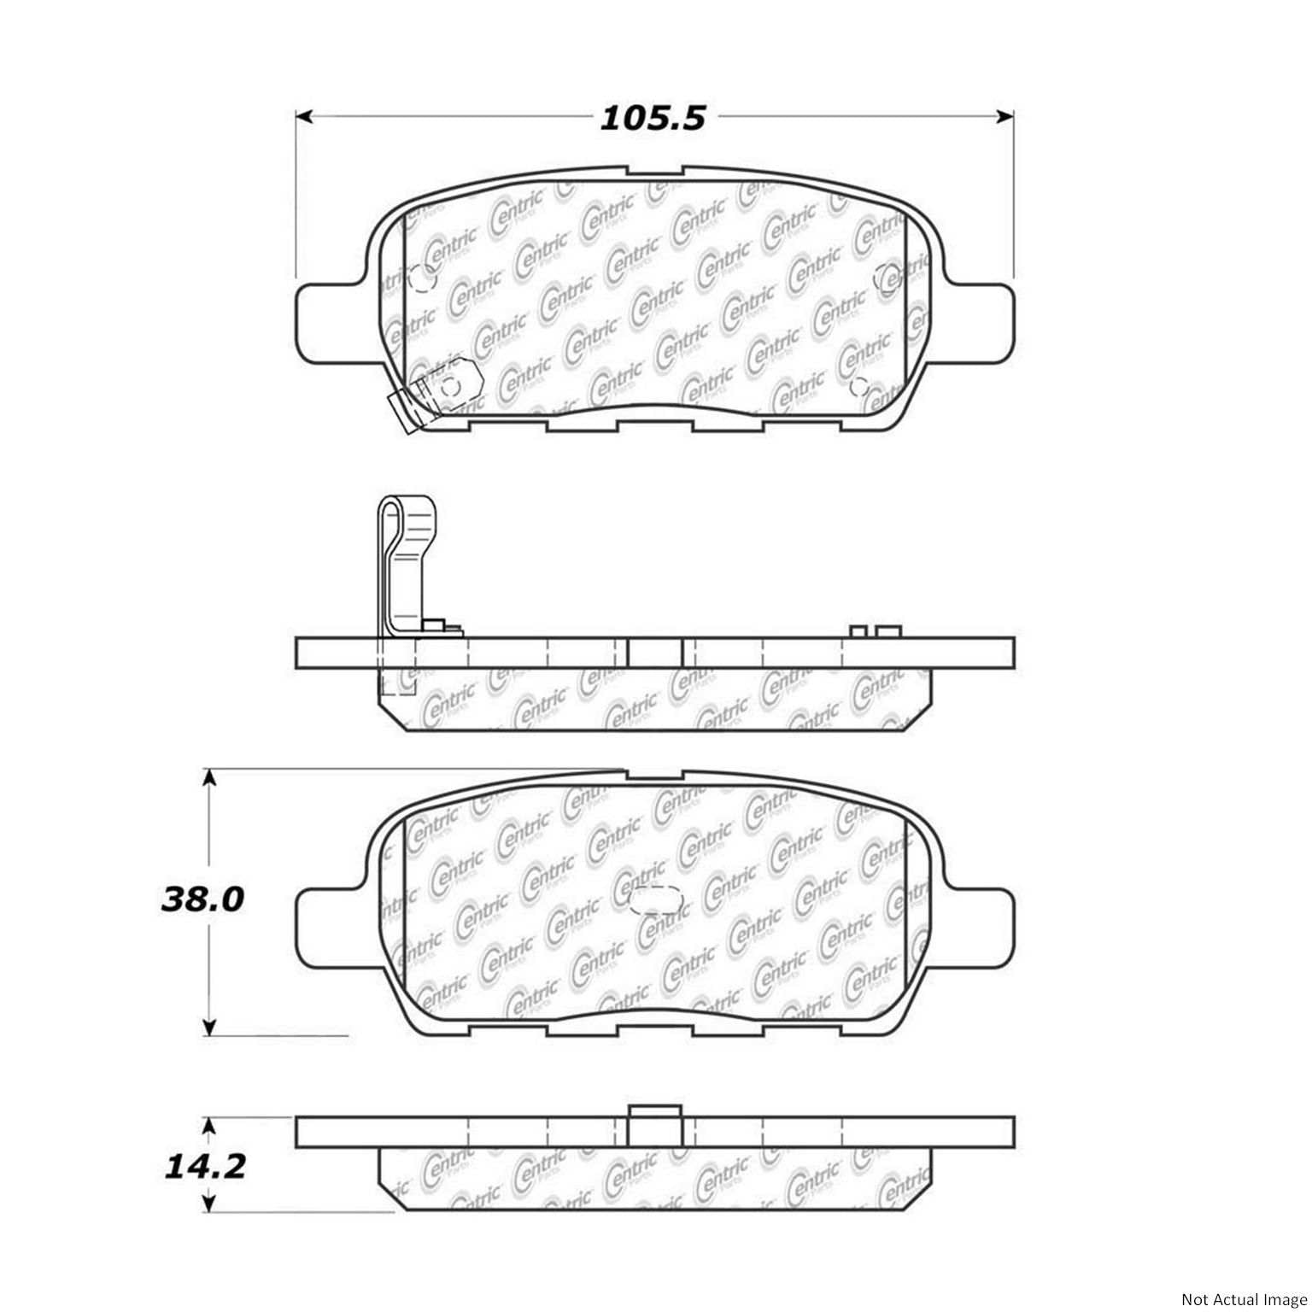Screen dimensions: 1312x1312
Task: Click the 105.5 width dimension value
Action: (653, 118)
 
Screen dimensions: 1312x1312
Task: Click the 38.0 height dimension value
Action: (202, 899)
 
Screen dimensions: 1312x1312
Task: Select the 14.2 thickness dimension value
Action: (205, 1166)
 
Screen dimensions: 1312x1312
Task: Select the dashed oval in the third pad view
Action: (654, 899)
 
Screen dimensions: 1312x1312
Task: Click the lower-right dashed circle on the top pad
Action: (859, 385)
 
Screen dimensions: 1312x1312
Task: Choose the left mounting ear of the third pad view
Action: (329, 925)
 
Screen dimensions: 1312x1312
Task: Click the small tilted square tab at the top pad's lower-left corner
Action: (404, 411)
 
